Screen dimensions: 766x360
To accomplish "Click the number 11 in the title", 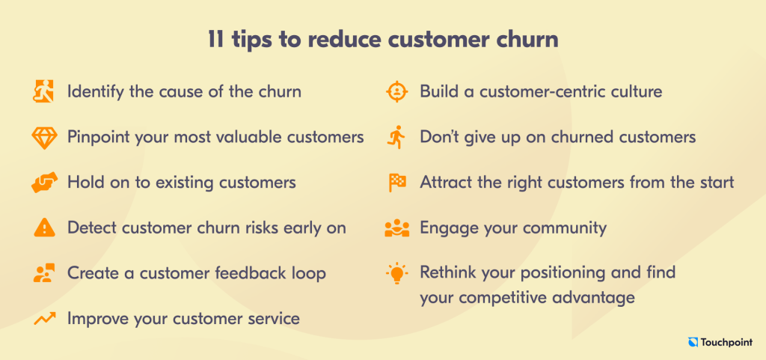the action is coord(216,40).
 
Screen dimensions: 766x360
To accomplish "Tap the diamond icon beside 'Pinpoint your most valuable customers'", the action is coord(44,138).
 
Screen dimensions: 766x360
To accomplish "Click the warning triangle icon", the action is coord(44,228).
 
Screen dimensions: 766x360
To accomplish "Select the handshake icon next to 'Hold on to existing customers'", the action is coord(44,183).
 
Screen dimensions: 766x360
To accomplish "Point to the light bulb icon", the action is coord(396,273).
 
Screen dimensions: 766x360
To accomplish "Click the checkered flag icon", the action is coord(396,183).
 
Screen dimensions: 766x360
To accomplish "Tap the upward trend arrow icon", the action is coord(44,319).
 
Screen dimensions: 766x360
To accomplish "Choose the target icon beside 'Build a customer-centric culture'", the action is coord(396,91).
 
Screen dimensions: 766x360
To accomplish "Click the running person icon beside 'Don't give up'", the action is coord(398,137).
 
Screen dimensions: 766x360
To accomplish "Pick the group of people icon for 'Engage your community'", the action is coord(396,228).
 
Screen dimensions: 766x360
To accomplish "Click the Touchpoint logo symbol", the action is coord(693,343).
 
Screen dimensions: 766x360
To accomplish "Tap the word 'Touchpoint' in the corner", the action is coord(727,343).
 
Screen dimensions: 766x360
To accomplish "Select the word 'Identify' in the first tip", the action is coord(96,92).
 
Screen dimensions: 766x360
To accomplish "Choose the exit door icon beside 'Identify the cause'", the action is coord(44,91).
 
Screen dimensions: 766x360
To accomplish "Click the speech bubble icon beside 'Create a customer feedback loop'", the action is coord(44,273).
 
